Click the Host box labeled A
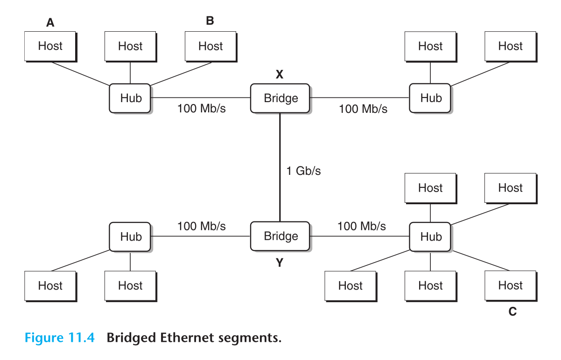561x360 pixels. point(50,46)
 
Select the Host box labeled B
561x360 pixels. point(210,46)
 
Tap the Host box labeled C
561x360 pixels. point(510,285)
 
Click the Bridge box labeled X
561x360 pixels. point(280,98)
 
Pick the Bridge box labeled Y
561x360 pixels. point(280,236)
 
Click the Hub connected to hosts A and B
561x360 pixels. point(130,98)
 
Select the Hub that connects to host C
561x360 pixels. point(430,236)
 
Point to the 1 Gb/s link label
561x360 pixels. point(303,171)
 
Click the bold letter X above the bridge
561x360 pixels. point(280,74)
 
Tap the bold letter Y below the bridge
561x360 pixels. point(280,263)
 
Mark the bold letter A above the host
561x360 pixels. point(50,22)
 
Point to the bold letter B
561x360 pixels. point(210,21)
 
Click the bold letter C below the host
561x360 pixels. point(512,312)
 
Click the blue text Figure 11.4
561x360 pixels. point(59,337)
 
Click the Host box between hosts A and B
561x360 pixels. point(130,46)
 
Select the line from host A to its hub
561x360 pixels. point(79,73)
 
